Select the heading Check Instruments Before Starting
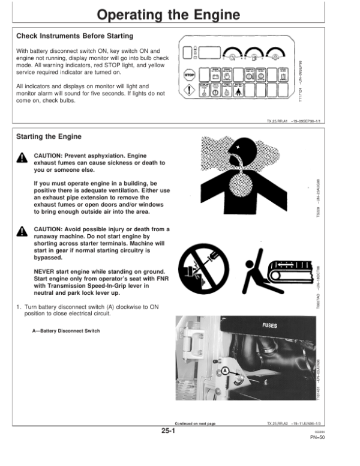pos(75,37)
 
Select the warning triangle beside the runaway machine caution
pos(22,232)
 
